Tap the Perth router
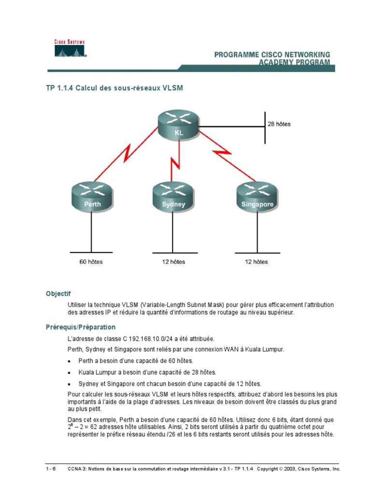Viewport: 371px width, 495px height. tap(92, 196)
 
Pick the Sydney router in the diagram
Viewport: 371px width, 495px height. tap(173, 196)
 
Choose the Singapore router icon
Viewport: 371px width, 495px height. tap(257, 196)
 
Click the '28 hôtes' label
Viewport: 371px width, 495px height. tap(279, 124)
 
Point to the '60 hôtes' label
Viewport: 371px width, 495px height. tap(91, 262)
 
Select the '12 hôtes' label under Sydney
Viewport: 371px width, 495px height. tap(173, 262)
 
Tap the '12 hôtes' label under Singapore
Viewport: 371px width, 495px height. tap(256, 262)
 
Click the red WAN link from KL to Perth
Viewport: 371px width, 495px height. tap(127, 156)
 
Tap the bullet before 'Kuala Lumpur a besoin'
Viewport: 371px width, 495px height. tap(71, 373)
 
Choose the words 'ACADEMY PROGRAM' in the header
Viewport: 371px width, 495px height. tap(295, 62)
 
